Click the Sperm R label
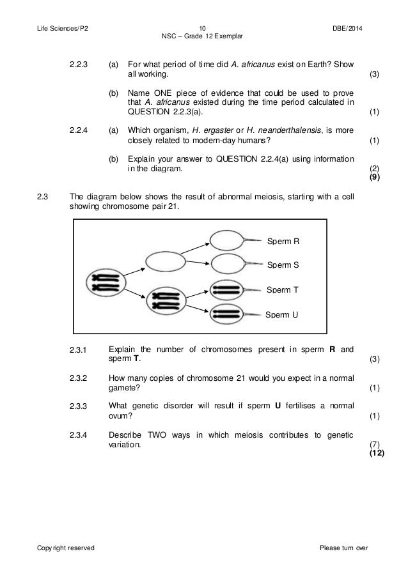283,242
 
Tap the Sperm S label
283,265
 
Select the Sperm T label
283,289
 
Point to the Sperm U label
282,314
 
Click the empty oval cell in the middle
165,261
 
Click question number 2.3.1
81,350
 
